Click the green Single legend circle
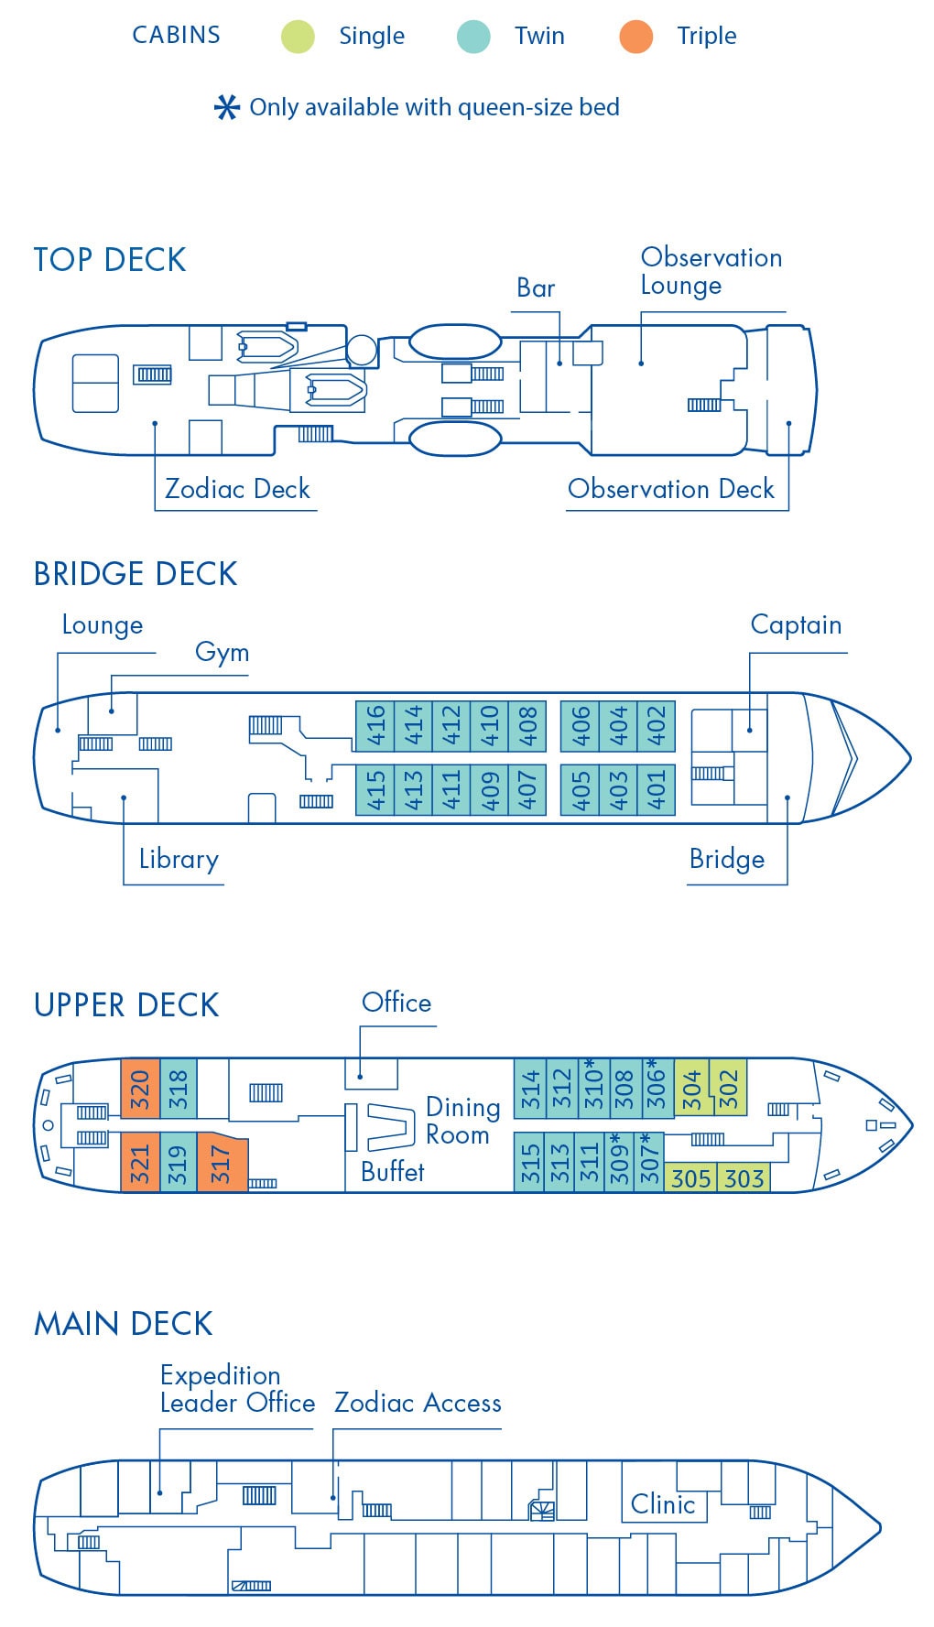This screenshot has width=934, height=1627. pos(298,37)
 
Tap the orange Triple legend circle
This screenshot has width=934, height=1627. pos(635,37)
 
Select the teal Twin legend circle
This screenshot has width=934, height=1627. pos(473,37)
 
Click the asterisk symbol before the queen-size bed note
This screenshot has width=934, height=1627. pos(226,108)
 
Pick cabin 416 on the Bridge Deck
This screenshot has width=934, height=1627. pos(375,726)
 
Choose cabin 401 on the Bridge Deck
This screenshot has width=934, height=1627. pos(657,788)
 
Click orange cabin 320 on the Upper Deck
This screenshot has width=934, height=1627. pos(140,1089)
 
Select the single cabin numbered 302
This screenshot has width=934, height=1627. pos(729,1089)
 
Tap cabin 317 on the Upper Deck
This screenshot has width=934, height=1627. pos(221,1164)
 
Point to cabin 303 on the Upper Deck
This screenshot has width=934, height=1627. pos(744,1177)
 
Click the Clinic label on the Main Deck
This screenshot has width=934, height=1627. pos(663,1504)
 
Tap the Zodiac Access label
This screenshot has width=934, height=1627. pos(418,1403)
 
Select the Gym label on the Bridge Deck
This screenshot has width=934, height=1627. pos(222,652)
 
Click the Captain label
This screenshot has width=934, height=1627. pos(796,625)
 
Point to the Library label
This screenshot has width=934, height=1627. pos(179,859)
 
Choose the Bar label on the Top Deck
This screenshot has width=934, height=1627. pos(536,288)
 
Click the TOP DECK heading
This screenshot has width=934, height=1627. pos(110,260)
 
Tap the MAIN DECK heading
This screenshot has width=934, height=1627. pos(124,1324)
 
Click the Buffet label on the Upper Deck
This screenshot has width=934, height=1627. pos(393,1172)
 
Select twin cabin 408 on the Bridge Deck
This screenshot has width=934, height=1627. pos(527,726)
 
